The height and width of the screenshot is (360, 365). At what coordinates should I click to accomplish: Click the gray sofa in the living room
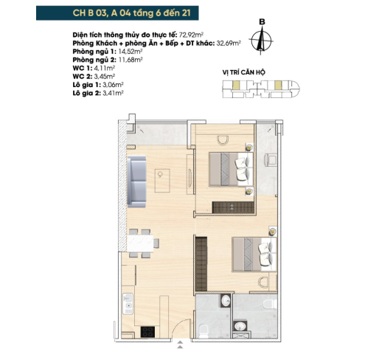tap(136, 181)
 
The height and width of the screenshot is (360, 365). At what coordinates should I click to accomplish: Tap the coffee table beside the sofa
tap(162, 181)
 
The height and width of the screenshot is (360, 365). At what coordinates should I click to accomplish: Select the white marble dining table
tap(140, 243)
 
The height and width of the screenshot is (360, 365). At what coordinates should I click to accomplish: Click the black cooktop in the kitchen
tap(147, 331)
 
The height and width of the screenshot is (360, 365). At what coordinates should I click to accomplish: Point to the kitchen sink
tap(128, 304)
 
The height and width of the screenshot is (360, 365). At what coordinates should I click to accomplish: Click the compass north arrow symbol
tap(261, 41)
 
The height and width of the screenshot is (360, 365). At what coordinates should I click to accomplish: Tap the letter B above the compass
tap(262, 22)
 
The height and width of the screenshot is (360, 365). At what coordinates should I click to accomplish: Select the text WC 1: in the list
tap(83, 68)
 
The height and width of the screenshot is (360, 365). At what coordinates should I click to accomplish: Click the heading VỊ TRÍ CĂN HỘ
tap(244, 72)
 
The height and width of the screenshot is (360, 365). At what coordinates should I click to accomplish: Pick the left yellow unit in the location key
tap(235, 85)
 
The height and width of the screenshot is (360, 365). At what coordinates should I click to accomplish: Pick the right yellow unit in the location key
tap(278, 85)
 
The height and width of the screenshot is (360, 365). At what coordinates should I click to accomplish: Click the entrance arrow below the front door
tap(180, 345)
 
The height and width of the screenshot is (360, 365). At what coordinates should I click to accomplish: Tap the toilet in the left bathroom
tap(204, 331)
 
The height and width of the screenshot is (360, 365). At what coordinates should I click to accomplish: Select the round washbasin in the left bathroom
tap(226, 300)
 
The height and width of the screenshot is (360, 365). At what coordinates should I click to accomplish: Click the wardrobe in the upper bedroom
tap(233, 207)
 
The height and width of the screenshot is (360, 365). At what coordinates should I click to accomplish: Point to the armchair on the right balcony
tap(271, 160)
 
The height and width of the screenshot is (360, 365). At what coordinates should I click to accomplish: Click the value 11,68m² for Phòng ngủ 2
tap(131, 60)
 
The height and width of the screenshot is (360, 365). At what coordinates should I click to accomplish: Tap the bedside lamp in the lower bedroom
tap(272, 232)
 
